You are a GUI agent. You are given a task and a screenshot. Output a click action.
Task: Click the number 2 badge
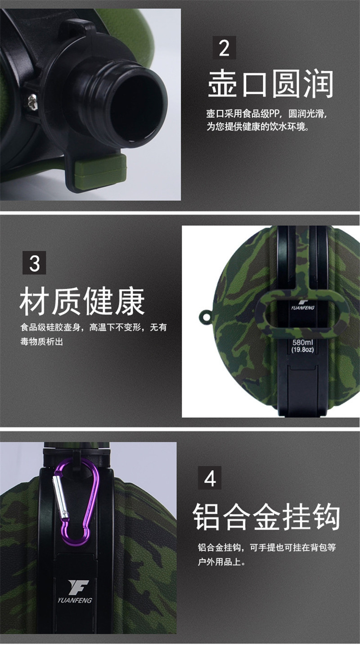[224, 48]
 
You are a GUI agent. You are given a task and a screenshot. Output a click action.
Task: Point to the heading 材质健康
[82, 301]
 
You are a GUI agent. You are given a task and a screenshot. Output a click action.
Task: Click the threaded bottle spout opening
[139, 104]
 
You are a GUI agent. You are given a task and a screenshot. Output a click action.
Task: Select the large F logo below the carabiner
[78, 586]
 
